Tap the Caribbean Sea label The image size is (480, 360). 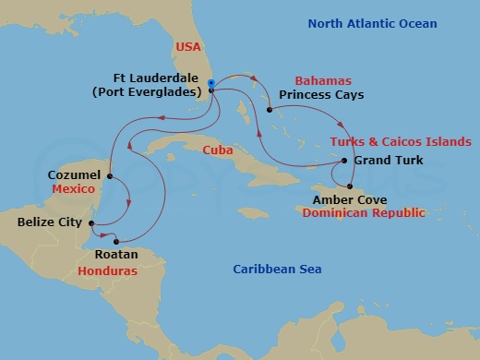coord(276,269)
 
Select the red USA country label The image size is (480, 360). coord(187,46)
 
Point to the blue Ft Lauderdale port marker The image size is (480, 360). coord(211,84)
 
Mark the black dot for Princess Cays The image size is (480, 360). coord(270,111)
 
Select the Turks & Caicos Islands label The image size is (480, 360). coord(401,142)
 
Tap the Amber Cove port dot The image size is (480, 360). coord(350,186)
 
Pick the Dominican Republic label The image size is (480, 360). coord(364,212)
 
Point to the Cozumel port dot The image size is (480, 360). coord(110,176)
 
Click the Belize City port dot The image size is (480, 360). coord(91,222)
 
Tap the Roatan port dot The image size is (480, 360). coord(116,242)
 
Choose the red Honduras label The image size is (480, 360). coord(107,272)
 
